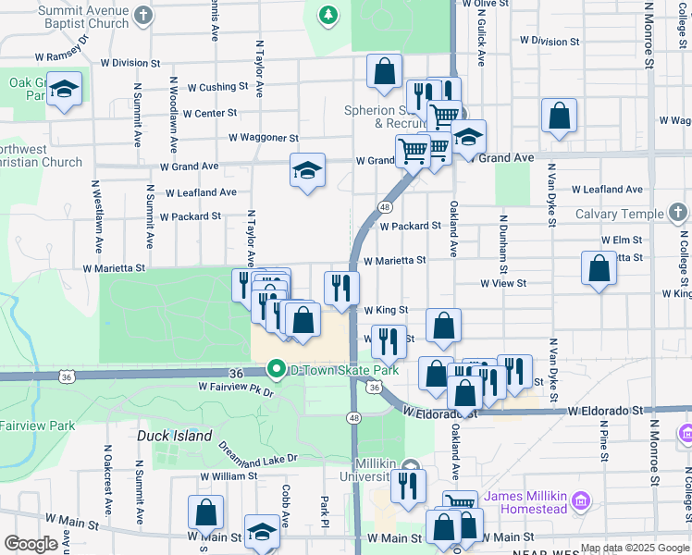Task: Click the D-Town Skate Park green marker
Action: pos(276,369)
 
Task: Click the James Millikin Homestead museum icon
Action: pos(581,501)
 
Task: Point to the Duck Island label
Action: pos(175,436)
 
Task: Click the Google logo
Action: pos(31,544)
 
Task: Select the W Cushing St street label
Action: pos(217,88)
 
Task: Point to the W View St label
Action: pos(503,284)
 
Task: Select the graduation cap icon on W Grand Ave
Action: pos(307,170)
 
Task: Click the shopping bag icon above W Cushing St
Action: pos(384,71)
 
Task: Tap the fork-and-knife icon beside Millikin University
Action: pos(407,485)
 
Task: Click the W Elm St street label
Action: pos(621,240)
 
